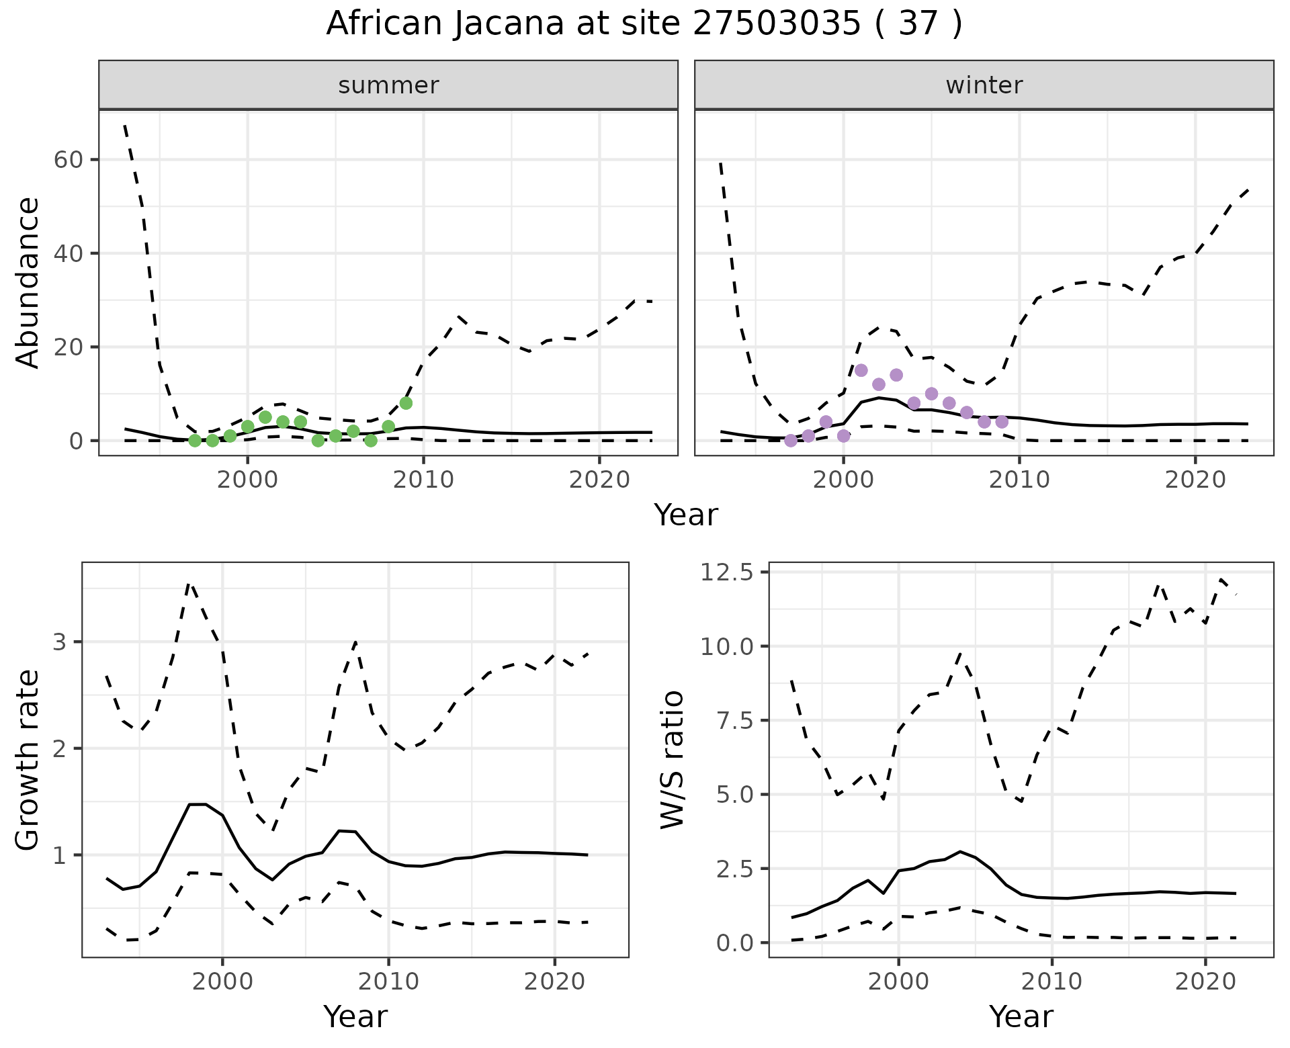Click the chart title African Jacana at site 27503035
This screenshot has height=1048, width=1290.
(x=644, y=24)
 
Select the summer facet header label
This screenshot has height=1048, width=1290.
(x=388, y=85)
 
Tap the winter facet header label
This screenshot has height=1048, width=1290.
(x=984, y=85)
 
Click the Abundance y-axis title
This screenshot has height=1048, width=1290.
(x=28, y=282)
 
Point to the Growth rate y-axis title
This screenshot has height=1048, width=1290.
(x=28, y=760)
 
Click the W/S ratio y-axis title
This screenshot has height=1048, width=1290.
(x=673, y=760)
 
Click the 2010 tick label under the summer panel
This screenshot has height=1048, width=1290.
(x=423, y=480)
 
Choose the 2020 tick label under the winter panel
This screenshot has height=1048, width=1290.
(x=1195, y=480)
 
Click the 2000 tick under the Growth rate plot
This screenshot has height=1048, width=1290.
(x=222, y=981)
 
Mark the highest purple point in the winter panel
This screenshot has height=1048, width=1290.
(x=861, y=370)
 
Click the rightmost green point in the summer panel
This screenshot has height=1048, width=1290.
(x=406, y=403)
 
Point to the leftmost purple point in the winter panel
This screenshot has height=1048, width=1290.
(x=791, y=441)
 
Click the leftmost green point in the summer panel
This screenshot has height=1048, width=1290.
(x=195, y=441)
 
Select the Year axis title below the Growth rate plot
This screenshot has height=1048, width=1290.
(x=355, y=1016)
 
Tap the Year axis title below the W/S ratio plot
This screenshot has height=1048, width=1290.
(x=1021, y=1016)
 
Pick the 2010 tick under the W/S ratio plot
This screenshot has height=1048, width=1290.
(x=1051, y=981)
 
